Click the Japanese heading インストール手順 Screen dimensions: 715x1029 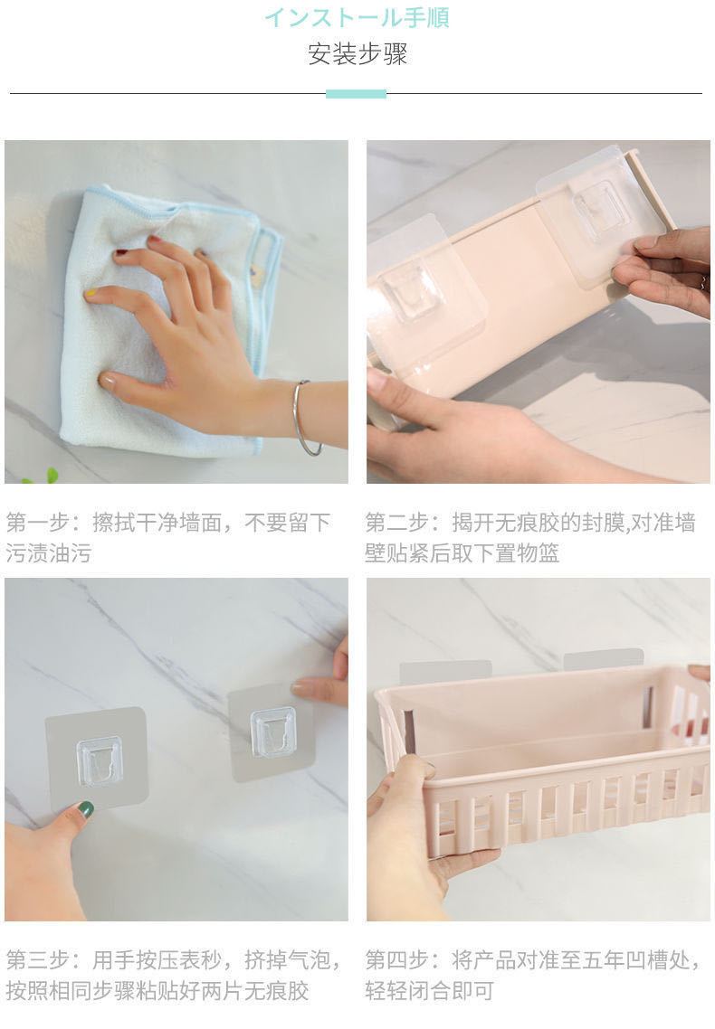click(x=357, y=17)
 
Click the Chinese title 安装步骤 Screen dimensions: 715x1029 click(x=357, y=54)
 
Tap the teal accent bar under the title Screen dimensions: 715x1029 click(x=356, y=94)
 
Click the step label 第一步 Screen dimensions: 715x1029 click(x=37, y=523)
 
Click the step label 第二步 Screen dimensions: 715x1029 click(x=396, y=523)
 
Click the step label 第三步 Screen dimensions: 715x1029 click(x=37, y=960)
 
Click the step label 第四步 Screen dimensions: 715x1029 click(x=396, y=960)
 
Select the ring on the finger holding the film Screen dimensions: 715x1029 click(x=703, y=284)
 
